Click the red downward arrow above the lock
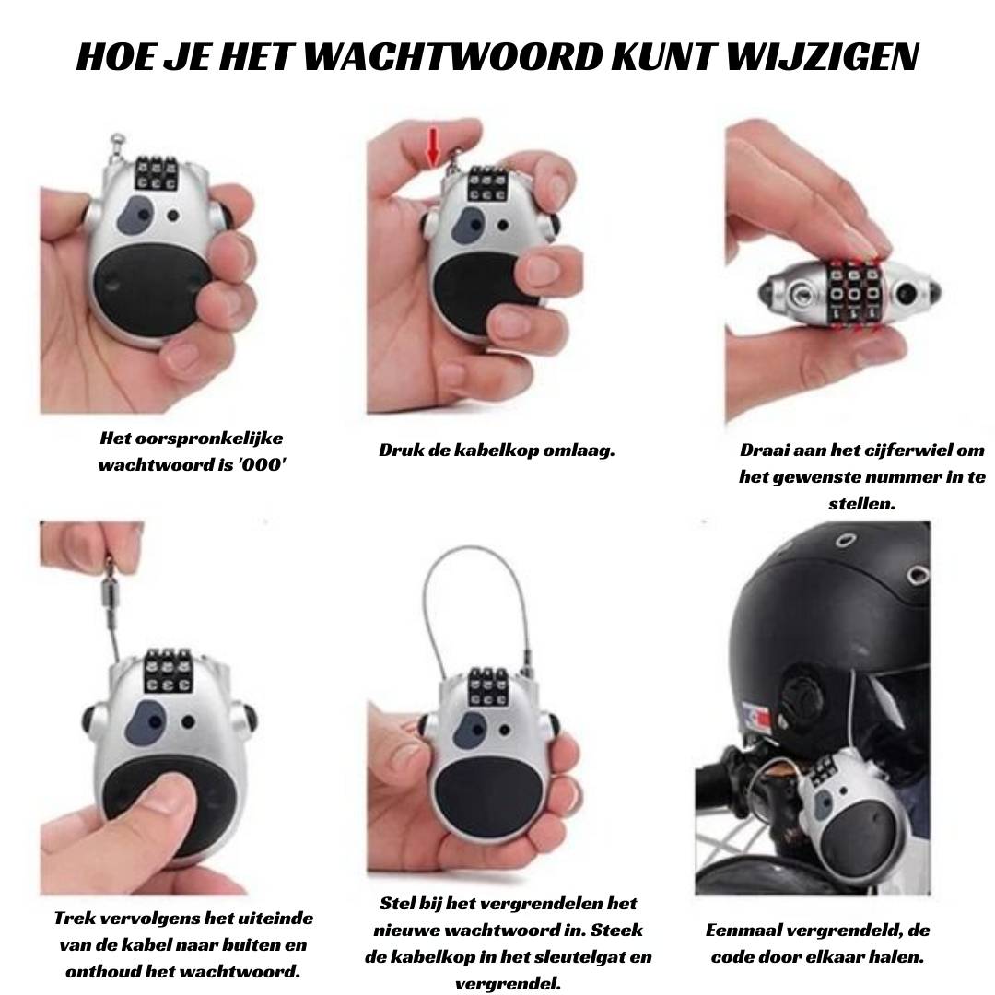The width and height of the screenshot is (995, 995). click(433, 146)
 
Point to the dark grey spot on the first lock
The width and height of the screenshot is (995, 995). click(135, 214)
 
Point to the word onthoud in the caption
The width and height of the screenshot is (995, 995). click(105, 972)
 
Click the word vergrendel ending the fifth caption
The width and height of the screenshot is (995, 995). click(509, 984)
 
